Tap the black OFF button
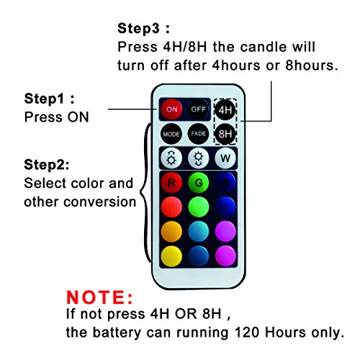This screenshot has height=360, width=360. pyautogui.click(x=198, y=109)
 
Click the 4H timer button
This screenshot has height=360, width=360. pyautogui.click(x=225, y=110)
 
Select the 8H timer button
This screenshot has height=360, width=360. pyautogui.click(x=225, y=134)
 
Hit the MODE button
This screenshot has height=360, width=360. pyautogui.click(x=171, y=134)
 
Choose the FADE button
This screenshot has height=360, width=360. pyautogui.click(x=198, y=134)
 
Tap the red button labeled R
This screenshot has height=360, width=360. pyautogui.click(x=171, y=183)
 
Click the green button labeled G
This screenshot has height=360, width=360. pyautogui.click(x=199, y=183)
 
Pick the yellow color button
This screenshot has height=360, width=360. pyautogui.click(x=171, y=256)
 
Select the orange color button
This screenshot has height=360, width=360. pyautogui.click(x=171, y=231)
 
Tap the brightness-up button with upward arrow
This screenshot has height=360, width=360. pyautogui.click(x=171, y=158)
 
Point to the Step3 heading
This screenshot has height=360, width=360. pyautogui.click(x=143, y=28)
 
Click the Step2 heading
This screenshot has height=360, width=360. pyautogui.click(x=47, y=165)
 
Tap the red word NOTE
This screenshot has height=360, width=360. pyautogui.click(x=99, y=297)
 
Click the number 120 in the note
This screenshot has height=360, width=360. pyautogui.click(x=247, y=333)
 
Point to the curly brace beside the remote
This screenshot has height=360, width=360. pyautogui.click(x=145, y=192)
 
